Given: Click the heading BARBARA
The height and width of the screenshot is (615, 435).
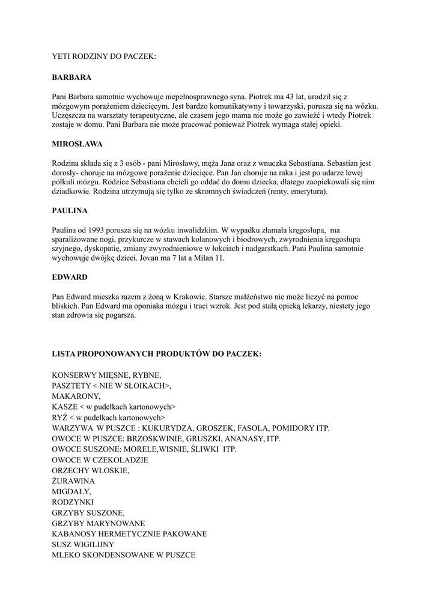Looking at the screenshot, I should pyautogui.click(x=71, y=77).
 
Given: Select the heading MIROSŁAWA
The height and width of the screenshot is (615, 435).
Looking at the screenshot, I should pyautogui.click(x=77, y=144).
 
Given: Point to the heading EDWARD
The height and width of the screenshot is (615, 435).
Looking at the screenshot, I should pyautogui.click(x=70, y=277).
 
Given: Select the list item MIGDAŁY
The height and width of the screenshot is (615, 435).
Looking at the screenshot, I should pyautogui.click(x=71, y=491).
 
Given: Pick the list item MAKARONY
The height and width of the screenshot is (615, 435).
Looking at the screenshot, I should pyautogui.click(x=76, y=396).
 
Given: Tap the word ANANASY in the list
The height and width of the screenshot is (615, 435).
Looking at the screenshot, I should pyautogui.click(x=245, y=439).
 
